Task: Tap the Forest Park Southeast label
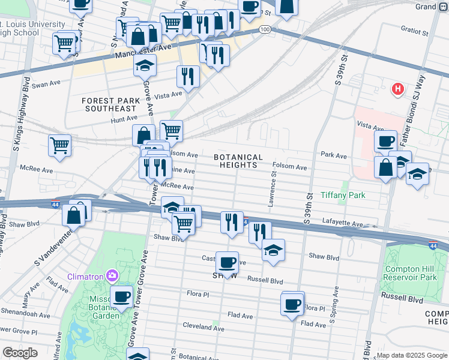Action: [110, 104]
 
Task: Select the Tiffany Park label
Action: [343, 196]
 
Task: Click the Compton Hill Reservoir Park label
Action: [411, 273]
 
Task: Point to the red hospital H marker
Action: [397, 89]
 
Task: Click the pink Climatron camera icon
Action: [112, 275]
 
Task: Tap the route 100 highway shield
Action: [265, 29]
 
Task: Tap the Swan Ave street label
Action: [47, 85]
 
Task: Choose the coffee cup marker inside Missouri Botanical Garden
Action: [122, 296]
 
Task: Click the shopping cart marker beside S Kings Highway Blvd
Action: [60, 145]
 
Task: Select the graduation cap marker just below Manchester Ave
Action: [145, 65]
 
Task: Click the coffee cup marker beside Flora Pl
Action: [292, 304]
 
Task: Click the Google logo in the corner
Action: [20, 353]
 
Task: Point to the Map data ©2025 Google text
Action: [411, 355]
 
